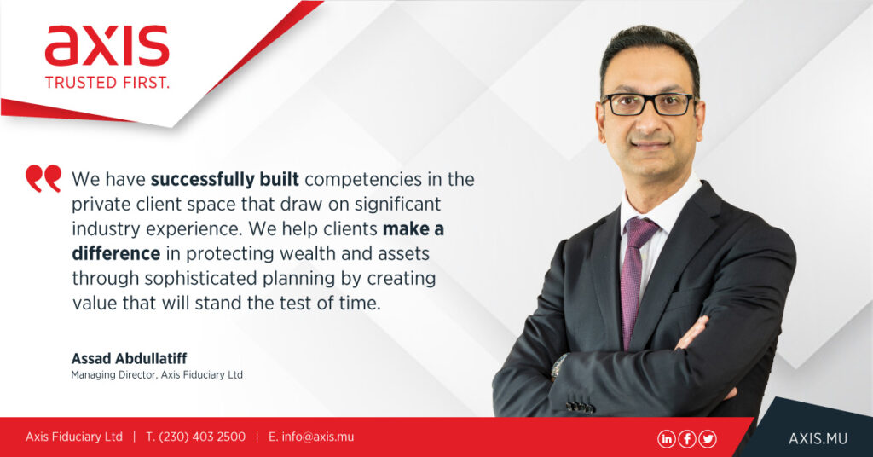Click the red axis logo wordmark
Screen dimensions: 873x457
pyautogui.click(x=107, y=46)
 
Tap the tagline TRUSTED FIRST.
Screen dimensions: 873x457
pyautogui.click(x=107, y=83)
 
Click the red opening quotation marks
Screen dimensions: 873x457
pyautogui.click(x=43, y=178)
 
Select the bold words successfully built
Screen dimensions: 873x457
pyautogui.click(x=225, y=180)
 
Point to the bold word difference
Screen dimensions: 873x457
pyautogui.click(x=116, y=253)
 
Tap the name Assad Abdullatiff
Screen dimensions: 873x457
pyautogui.click(x=130, y=358)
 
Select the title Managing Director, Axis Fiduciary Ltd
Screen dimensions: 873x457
pyautogui.click(x=157, y=375)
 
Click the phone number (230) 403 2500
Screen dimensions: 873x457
pyautogui.click(x=202, y=437)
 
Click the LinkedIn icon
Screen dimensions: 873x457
pyautogui.click(x=666, y=438)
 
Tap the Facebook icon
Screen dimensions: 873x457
pyautogui.click(x=687, y=438)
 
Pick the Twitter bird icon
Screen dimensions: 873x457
pyautogui.click(x=708, y=438)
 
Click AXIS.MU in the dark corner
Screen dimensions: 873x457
pyautogui.click(x=818, y=438)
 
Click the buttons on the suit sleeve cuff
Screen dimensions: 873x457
pyautogui.click(x=580, y=407)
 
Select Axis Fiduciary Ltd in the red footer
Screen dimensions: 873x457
pyautogui.click(x=74, y=437)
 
